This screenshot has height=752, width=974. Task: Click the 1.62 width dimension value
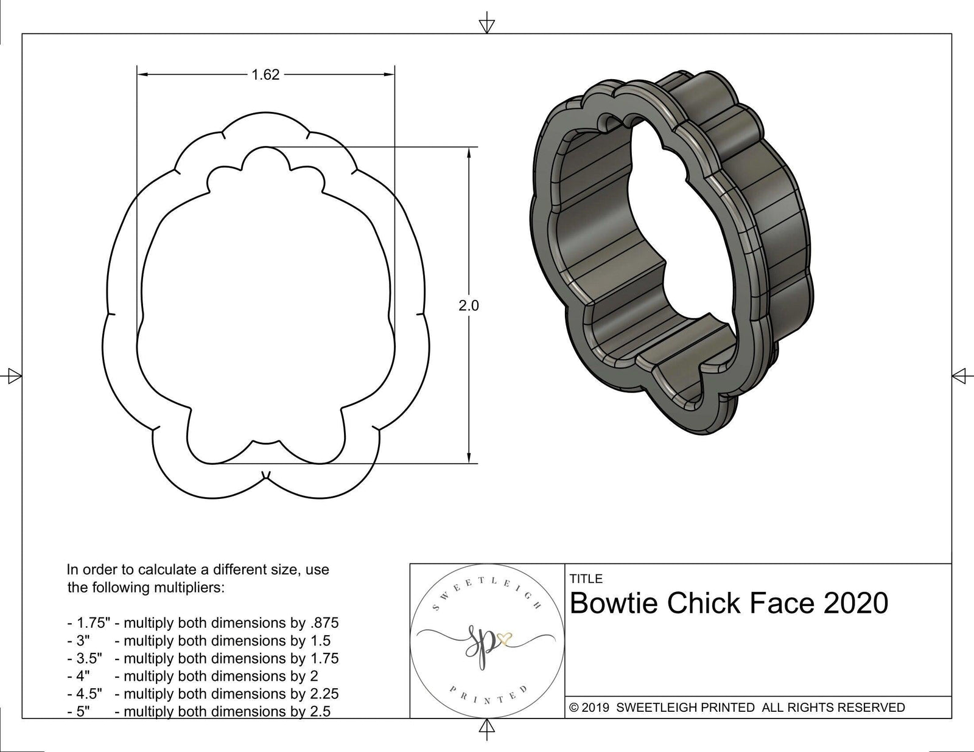point(265,75)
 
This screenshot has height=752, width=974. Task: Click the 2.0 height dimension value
point(469,305)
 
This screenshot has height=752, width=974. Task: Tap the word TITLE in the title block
point(586,579)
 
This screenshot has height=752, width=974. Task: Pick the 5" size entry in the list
point(83,711)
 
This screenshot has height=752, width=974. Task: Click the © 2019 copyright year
point(589,708)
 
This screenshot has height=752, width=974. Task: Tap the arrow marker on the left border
point(13,376)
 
